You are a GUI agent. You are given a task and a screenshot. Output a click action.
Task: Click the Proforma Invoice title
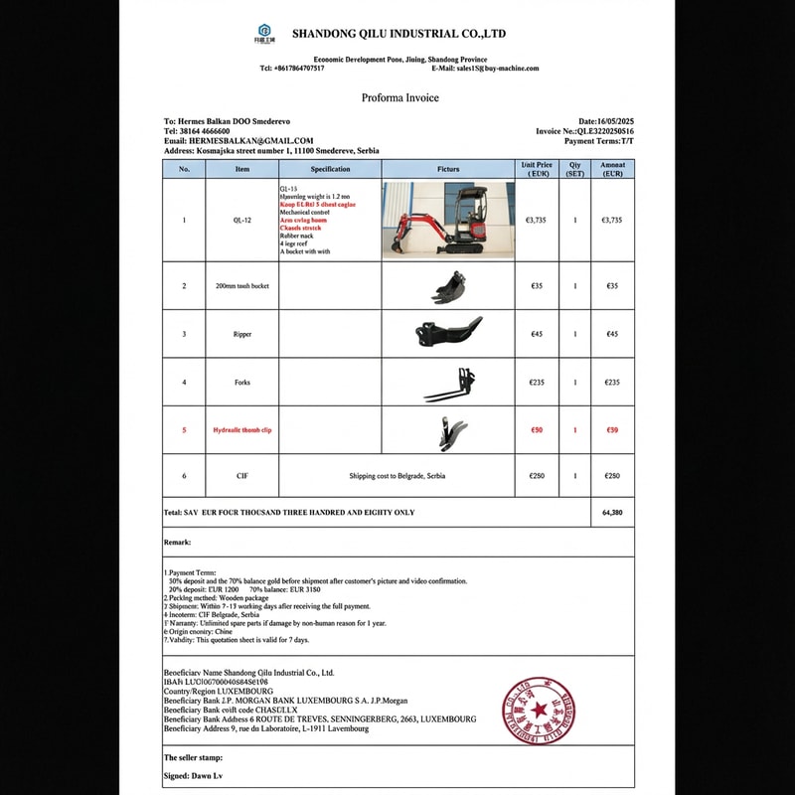pyautogui.click(x=399, y=97)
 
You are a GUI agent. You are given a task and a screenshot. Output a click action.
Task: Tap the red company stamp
pyautogui.click(x=539, y=710)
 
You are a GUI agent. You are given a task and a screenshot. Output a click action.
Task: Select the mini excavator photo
pyautogui.click(x=448, y=220)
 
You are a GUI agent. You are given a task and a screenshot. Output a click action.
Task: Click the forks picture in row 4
pyautogui.click(x=448, y=382)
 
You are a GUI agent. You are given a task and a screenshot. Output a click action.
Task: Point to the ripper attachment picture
pyautogui.click(x=448, y=333)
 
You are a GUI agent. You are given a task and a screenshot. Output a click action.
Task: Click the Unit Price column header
pyautogui.click(x=536, y=169)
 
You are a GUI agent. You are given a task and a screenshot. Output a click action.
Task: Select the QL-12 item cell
pyautogui.click(x=242, y=220)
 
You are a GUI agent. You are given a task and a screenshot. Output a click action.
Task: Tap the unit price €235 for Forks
pyautogui.click(x=536, y=382)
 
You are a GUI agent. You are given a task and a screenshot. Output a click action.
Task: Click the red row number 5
pyautogui.click(x=184, y=430)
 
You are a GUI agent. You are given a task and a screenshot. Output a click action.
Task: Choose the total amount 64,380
pyautogui.click(x=612, y=513)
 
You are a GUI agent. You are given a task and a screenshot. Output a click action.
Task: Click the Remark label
pyautogui.click(x=177, y=543)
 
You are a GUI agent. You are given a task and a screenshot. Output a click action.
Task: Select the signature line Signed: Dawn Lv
pyautogui.click(x=193, y=775)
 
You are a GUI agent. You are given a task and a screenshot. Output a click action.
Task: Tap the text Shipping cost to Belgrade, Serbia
pyautogui.click(x=397, y=476)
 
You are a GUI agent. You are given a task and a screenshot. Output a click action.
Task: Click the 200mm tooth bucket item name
pyautogui.click(x=241, y=286)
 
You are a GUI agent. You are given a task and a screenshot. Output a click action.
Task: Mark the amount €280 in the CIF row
pyautogui.click(x=612, y=476)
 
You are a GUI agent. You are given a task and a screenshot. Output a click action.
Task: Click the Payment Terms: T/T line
pyautogui.click(x=598, y=140)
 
